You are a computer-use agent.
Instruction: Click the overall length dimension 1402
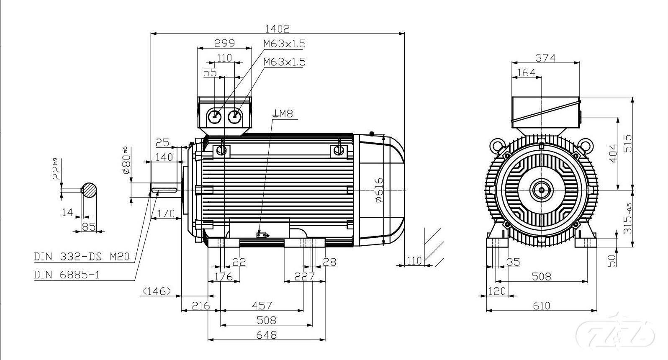277,28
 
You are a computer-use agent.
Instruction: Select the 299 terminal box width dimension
224,43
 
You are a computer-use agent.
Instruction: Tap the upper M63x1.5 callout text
285,44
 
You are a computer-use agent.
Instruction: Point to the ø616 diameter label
379,189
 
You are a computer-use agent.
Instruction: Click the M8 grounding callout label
285,113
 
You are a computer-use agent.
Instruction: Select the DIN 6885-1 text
67,275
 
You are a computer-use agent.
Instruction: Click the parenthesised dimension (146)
157,291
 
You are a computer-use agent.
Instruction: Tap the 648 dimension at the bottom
266,335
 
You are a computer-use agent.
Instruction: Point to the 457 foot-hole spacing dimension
262,306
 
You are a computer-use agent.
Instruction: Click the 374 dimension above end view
546,58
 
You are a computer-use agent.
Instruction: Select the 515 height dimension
627,144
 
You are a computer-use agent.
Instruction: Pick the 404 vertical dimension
613,154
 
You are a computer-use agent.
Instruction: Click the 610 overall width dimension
541,306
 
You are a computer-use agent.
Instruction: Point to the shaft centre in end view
542,190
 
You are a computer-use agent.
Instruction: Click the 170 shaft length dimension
166,214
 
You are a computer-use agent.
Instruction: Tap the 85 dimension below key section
88,226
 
